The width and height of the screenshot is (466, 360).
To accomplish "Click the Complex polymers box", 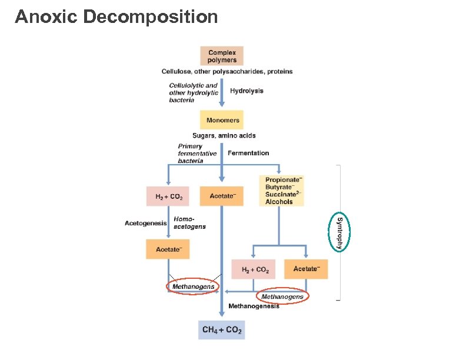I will (222, 56).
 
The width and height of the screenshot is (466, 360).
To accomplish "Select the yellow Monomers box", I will (222, 120).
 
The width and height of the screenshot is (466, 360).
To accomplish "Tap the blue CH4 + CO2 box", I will (222, 330).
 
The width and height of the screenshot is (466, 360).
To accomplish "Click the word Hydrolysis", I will (247, 91).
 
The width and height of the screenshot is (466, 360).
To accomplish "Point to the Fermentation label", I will (248, 153).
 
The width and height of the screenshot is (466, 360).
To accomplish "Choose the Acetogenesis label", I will (146, 223).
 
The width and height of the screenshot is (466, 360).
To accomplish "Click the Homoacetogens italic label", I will (189, 223).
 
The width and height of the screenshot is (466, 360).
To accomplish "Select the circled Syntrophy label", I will (339, 231).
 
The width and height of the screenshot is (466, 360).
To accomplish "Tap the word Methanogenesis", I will (254, 306).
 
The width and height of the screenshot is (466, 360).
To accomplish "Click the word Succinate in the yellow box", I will (280, 194).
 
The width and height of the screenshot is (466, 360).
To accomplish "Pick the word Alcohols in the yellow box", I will (278, 202).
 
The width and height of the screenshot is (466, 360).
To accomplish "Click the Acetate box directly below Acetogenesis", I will (168, 249).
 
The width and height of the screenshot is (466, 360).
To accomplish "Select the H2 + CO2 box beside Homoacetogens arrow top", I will (168, 196).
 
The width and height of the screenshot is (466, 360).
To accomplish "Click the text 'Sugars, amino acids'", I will (224, 135).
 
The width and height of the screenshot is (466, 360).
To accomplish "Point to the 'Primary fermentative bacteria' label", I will (197, 154).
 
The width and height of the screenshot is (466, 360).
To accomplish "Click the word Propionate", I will (283, 179).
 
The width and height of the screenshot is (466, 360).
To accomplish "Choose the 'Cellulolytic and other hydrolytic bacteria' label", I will (193, 92).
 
